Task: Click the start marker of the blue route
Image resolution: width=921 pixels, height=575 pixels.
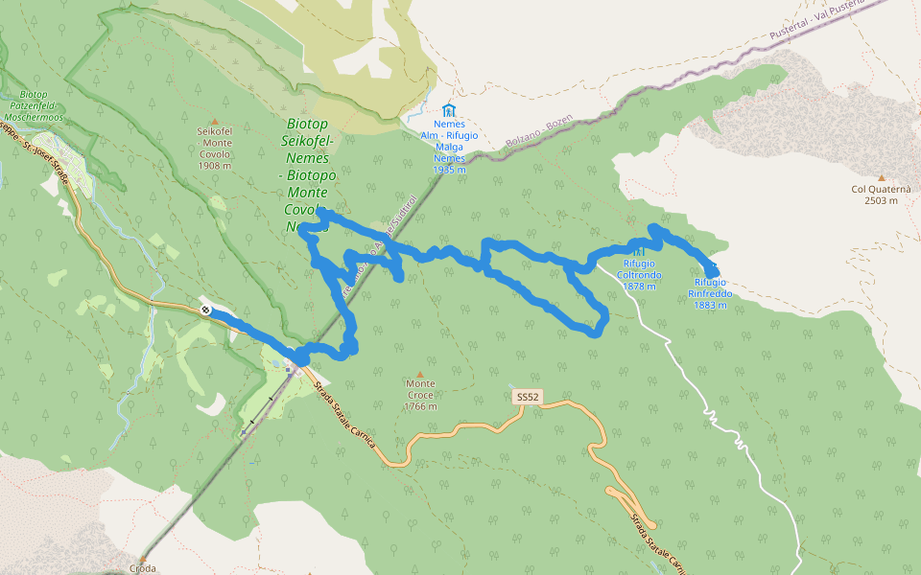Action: (206, 310)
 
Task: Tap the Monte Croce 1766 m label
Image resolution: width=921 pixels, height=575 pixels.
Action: (420, 395)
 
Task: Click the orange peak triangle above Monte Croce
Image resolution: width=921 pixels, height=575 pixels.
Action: (419, 375)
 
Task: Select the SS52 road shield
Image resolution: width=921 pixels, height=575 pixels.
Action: (526, 396)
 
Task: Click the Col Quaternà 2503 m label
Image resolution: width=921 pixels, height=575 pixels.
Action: (880, 195)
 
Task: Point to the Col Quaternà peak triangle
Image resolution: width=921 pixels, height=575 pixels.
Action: (881, 178)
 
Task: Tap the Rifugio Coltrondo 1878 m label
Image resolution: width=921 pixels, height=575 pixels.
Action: (640, 275)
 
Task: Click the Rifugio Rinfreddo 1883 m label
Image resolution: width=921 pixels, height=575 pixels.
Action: (711, 293)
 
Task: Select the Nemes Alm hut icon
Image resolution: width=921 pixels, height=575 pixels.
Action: (448, 110)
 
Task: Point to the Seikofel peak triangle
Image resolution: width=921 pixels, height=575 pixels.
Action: (214, 121)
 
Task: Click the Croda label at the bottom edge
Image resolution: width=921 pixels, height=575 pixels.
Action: (142, 568)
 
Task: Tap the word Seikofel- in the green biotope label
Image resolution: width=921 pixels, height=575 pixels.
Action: (307, 141)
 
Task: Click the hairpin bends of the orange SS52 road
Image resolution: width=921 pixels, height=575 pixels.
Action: (628, 505)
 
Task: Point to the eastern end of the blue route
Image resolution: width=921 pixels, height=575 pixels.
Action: (713, 271)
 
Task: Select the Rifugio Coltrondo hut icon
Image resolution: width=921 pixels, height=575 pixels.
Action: (639, 251)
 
